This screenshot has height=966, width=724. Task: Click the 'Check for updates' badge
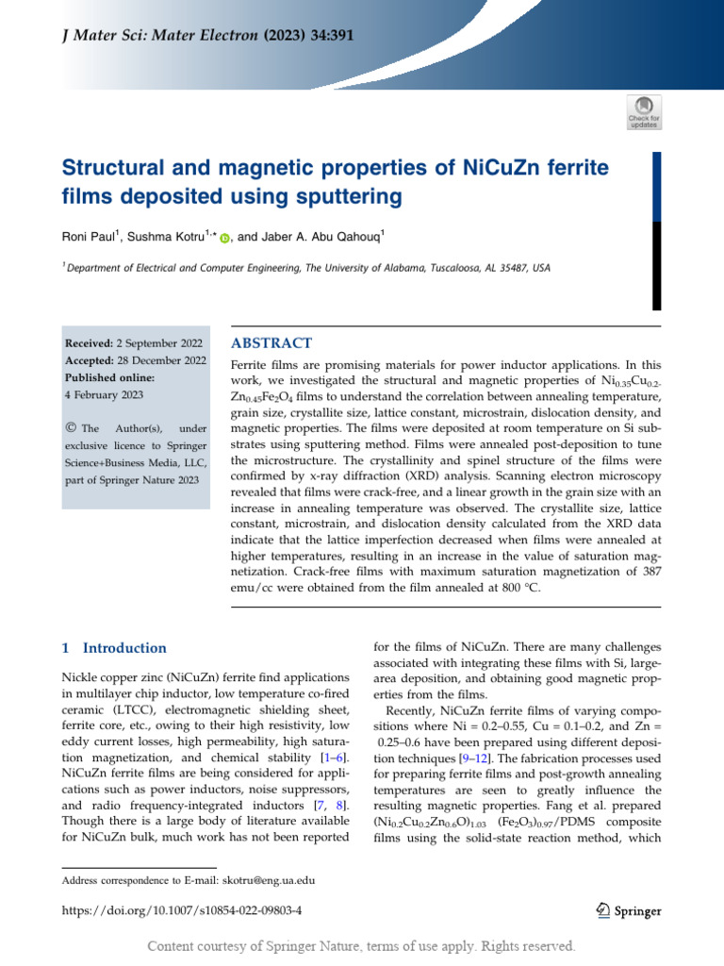[x=644, y=111]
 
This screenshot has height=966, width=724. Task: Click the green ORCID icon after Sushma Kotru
[x=224, y=239]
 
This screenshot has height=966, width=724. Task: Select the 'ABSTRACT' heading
[x=271, y=343]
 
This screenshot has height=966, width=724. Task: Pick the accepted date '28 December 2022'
[x=161, y=360]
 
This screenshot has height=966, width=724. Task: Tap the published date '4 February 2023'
[x=104, y=394]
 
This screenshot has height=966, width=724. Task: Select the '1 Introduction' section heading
[x=113, y=648]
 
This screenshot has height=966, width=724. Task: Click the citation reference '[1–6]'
[x=333, y=758]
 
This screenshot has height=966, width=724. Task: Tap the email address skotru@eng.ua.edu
[x=268, y=880]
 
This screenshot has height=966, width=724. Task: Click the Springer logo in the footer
[x=629, y=910]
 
